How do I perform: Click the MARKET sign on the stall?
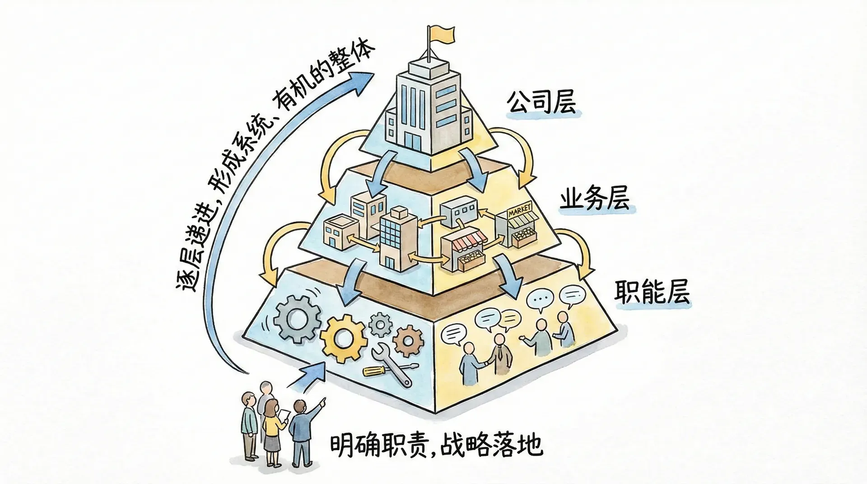(x=520, y=212)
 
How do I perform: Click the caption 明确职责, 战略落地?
(x=436, y=445)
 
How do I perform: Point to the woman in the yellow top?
(x=272, y=424)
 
